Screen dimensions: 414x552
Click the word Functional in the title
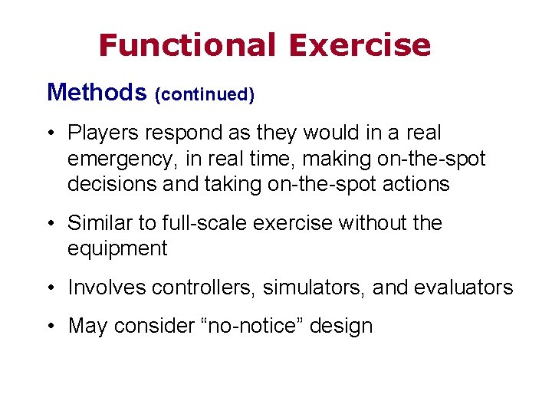186,46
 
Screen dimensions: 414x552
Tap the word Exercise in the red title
360,46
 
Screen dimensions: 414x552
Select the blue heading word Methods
97,93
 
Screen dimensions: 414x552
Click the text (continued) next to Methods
205,95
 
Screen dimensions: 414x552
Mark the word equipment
117,249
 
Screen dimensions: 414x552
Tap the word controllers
203,287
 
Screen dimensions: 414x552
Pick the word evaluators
465,287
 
